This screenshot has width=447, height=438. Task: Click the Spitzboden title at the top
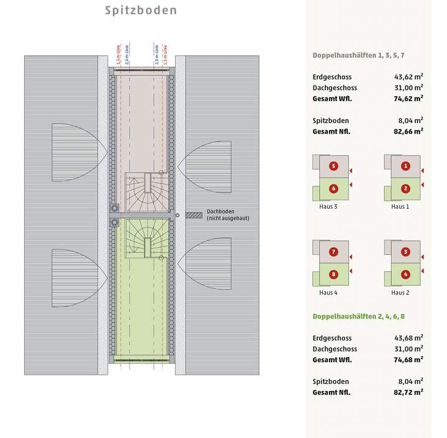pyautogui.click(x=140, y=11)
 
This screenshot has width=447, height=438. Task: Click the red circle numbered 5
pyautogui.click(x=333, y=166)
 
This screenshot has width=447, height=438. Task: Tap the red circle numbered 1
pyautogui.click(x=405, y=166)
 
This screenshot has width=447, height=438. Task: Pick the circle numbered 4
pyautogui.click(x=405, y=274)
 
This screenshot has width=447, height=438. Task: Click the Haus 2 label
pyautogui.click(x=400, y=293)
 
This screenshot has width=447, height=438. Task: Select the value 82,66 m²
pyautogui.click(x=408, y=131)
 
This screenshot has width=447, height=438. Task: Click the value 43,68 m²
pyautogui.click(x=408, y=338)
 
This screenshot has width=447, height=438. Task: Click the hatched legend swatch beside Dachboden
pyautogui.click(x=194, y=216)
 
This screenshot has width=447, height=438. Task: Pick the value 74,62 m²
pyautogui.click(x=408, y=98)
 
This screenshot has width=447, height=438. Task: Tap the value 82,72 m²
pyautogui.click(x=408, y=392)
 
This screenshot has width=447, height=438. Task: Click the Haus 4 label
pyautogui.click(x=328, y=293)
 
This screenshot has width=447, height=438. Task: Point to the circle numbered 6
pyautogui.click(x=333, y=189)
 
